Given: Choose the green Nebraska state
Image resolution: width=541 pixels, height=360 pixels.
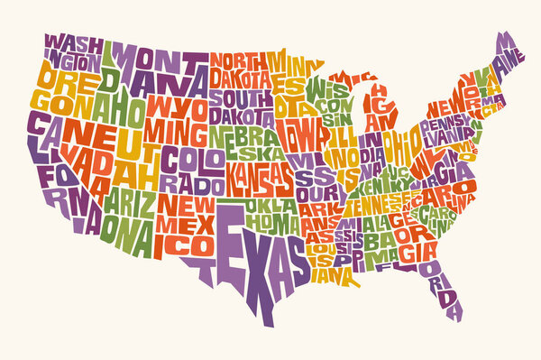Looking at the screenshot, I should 248,143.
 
